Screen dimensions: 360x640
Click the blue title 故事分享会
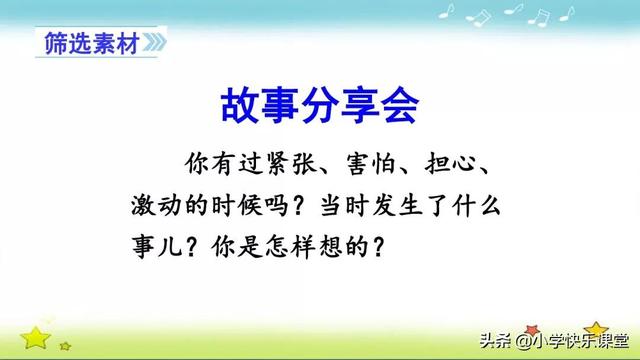coord(319,103)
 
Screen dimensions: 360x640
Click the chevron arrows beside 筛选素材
coord(153,44)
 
